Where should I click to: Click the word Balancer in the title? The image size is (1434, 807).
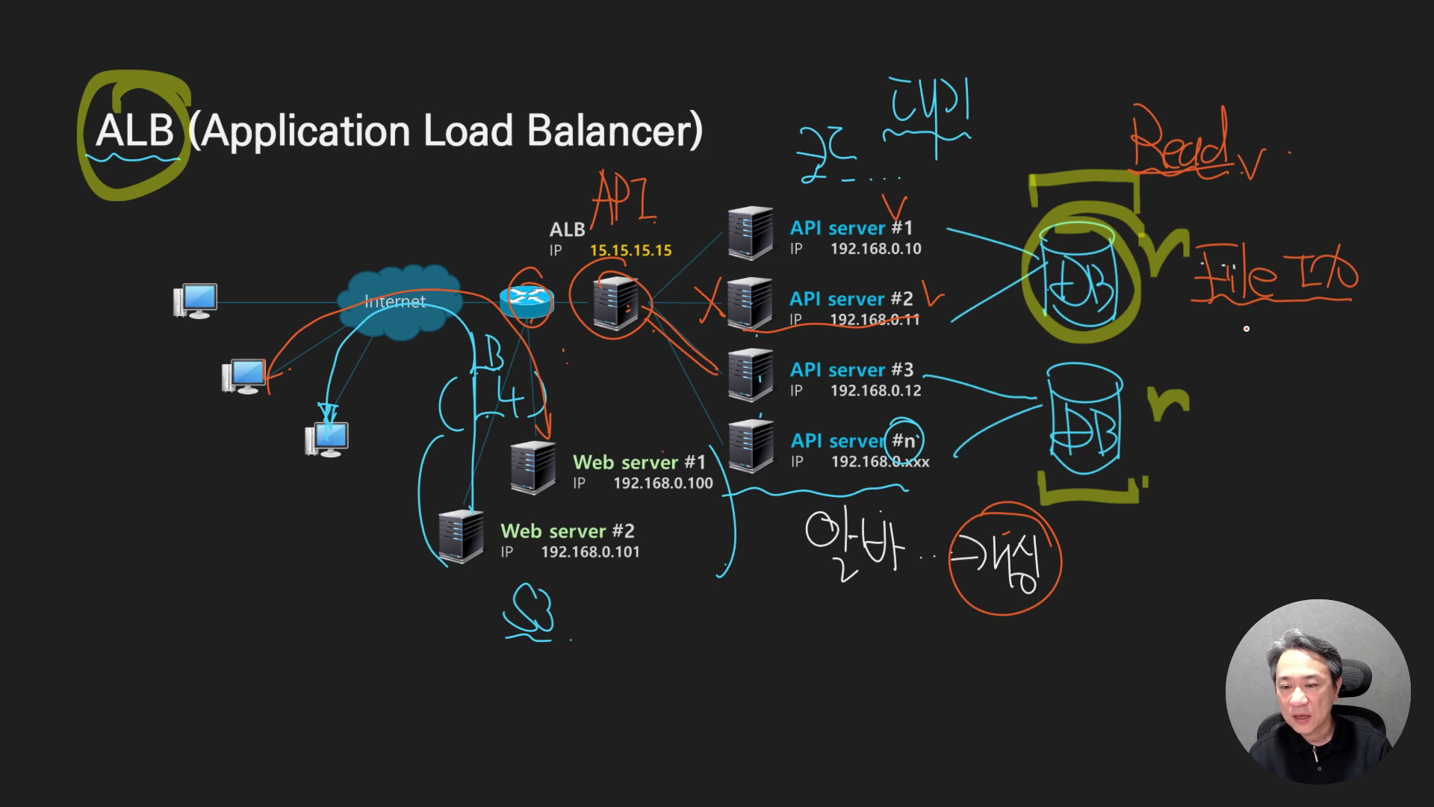coord(614,131)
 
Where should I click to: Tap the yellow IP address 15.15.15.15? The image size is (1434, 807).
coord(630,250)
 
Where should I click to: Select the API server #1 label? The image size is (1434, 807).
coord(851,228)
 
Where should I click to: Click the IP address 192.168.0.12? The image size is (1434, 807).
coord(875,391)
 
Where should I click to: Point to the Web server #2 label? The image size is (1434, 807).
coord(567,531)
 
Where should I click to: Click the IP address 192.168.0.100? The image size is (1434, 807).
coord(662,483)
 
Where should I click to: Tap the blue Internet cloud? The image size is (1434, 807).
coord(396,302)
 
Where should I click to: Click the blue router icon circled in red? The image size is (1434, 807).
coord(527,298)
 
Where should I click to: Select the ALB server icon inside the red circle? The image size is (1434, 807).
coord(615,303)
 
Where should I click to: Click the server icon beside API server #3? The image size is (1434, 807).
coord(751,374)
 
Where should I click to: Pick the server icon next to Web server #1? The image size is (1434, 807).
coord(533,467)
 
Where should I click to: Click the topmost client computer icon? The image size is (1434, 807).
coord(196,300)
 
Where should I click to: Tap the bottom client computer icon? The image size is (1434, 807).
coord(327,439)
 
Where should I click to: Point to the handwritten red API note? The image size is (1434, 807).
coord(624,198)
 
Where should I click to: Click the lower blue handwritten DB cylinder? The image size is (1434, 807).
coord(1084,420)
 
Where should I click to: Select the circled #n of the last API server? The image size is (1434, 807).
coord(903,441)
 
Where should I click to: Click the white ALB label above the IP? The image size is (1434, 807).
coord(567,229)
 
